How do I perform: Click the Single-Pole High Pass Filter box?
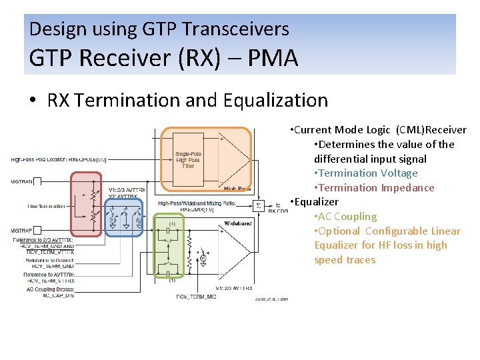pyautogui.click(x=189, y=160)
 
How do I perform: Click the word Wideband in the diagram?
pyautogui.click(x=237, y=223)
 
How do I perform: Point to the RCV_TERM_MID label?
pyautogui.click(x=195, y=296)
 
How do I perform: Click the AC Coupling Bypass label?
pyautogui.click(x=51, y=290)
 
